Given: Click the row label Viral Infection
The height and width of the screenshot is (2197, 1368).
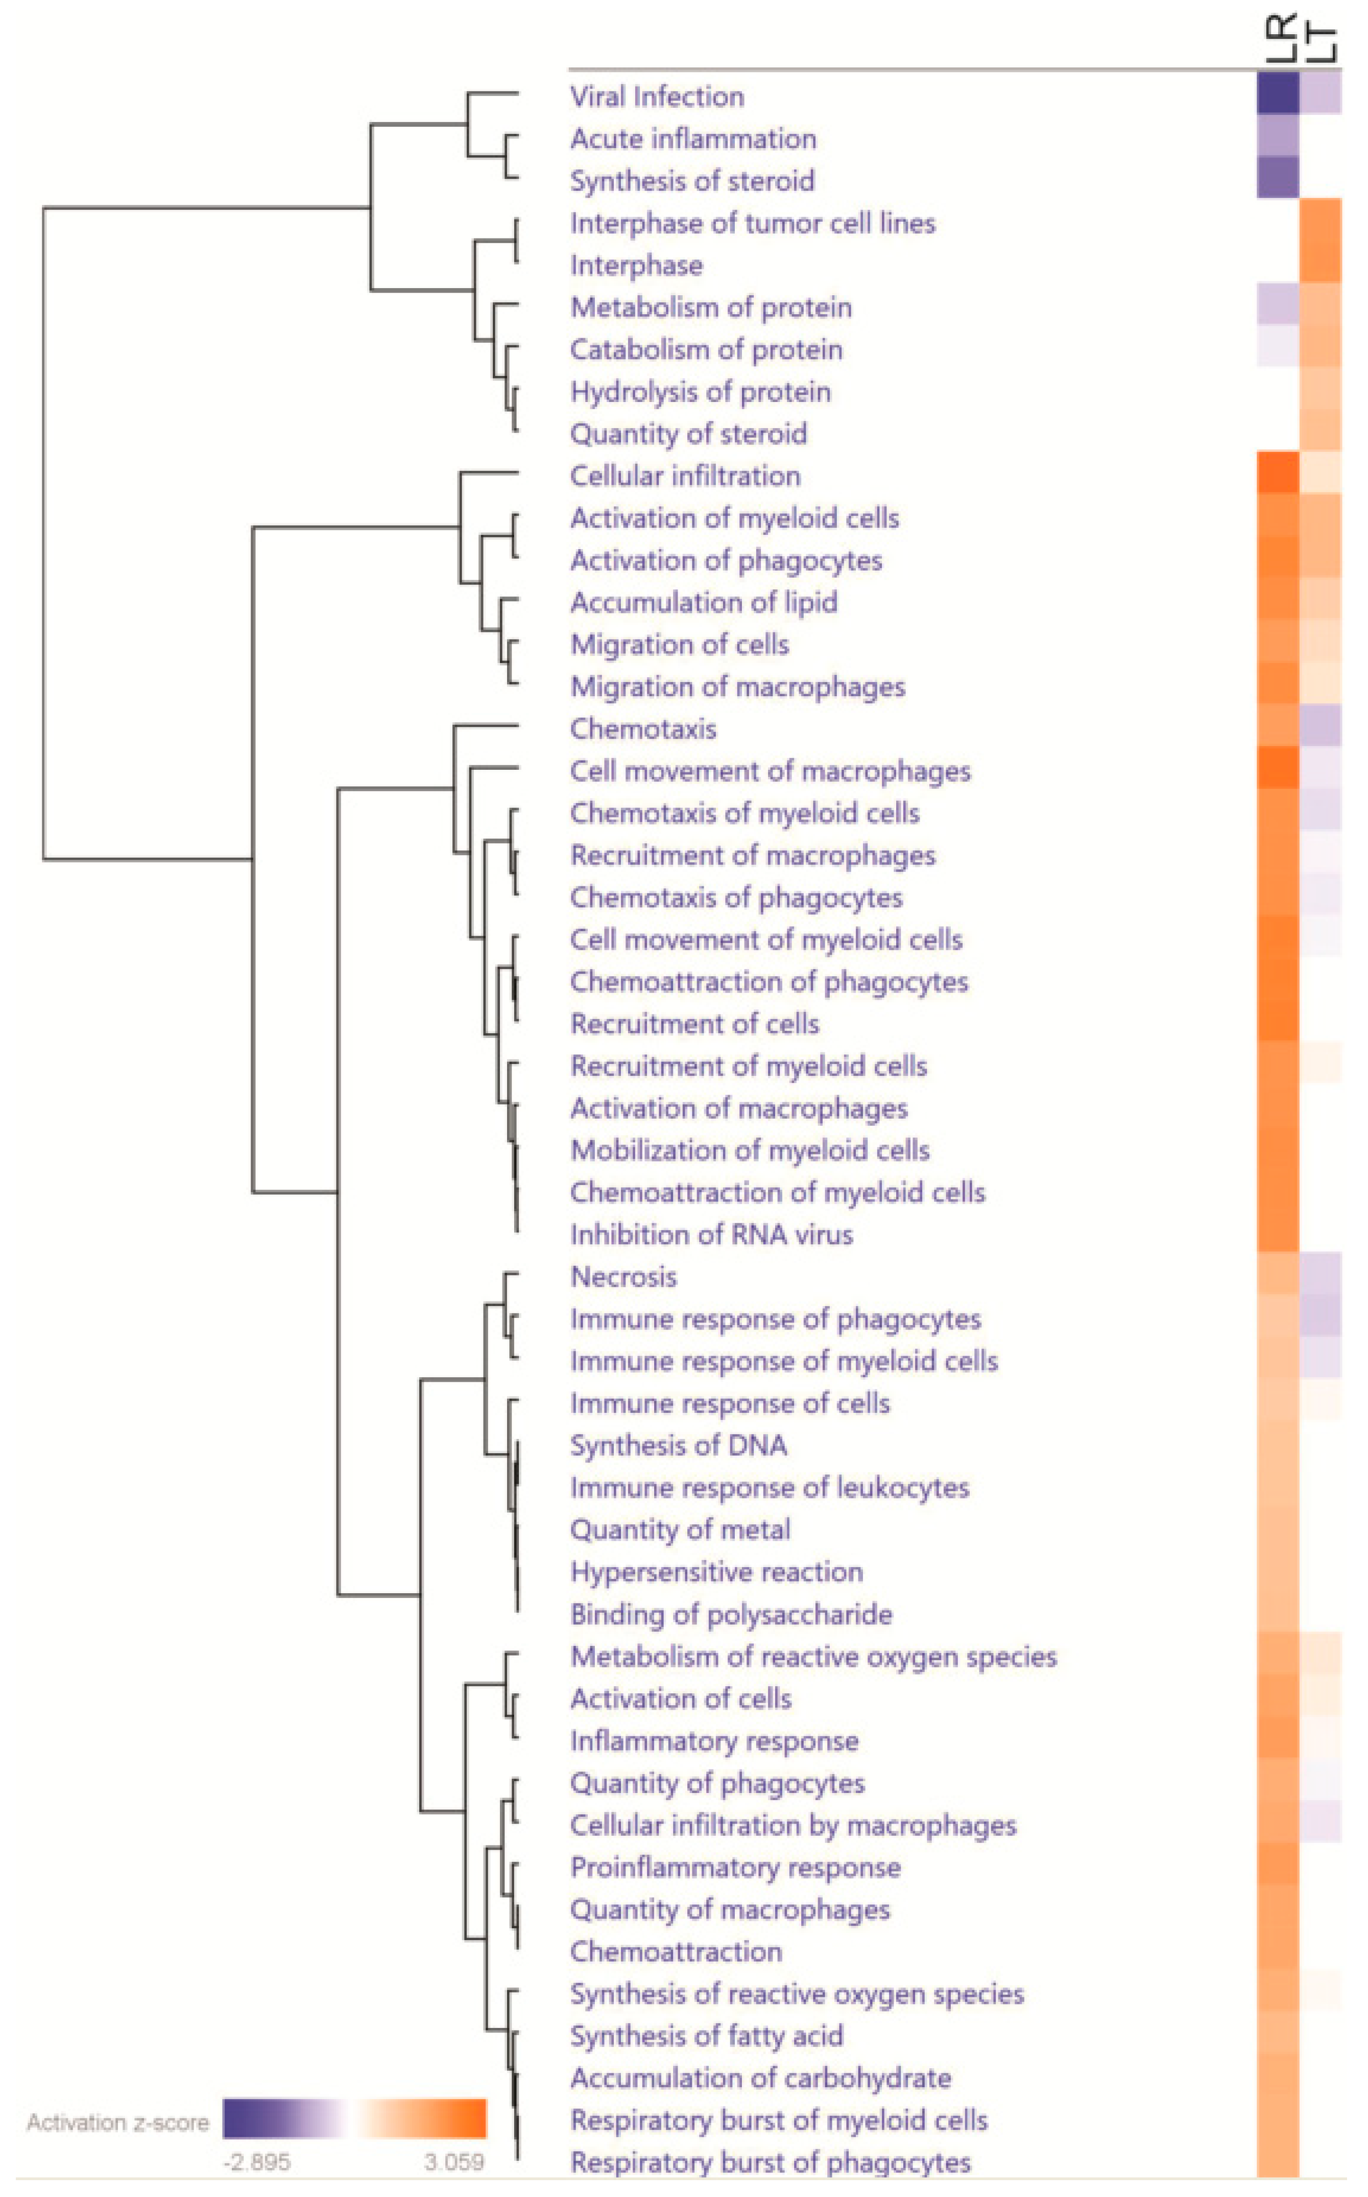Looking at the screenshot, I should click(657, 97).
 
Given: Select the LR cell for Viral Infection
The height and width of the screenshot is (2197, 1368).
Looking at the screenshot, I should click(1278, 93).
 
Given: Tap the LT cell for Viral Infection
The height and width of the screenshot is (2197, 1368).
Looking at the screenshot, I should click(1320, 93).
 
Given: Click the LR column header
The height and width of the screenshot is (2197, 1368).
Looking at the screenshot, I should click(1281, 38).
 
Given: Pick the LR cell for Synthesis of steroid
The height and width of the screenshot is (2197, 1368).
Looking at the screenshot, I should click(1278, 177).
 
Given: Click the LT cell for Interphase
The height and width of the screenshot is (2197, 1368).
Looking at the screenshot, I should click(1320, 263).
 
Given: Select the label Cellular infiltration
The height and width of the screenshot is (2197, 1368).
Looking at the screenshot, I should click(685, 476).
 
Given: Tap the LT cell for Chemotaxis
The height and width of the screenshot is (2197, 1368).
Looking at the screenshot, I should click(1320, 726).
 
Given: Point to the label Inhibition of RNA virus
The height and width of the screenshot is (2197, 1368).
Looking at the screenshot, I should click(711, 1234).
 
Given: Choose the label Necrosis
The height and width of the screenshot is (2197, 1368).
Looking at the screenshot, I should click(623, 1277).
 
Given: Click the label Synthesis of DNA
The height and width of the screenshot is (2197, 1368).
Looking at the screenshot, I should click(679, 1445).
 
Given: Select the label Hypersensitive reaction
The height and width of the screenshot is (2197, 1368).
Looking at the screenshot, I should click(716, 1572).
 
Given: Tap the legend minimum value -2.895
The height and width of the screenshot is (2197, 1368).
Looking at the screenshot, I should click(257, 2162).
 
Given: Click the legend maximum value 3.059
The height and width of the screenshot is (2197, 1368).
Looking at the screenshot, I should click(454, 2162).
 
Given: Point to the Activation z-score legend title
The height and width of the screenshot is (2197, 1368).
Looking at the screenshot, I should click(117, 2122).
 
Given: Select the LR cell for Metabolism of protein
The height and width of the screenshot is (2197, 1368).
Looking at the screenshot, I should click(1278, 304).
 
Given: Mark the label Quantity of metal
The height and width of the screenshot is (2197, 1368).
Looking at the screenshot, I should click(680, 1529).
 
